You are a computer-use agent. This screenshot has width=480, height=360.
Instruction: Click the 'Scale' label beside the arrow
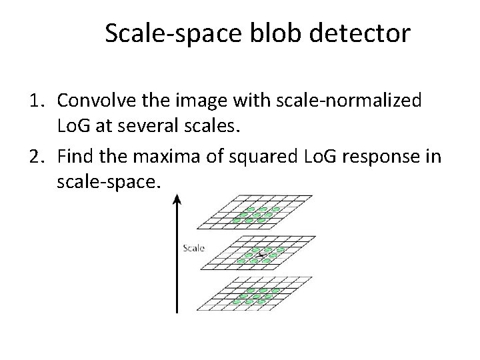(193, 249)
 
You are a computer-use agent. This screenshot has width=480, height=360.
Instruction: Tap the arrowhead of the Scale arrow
(177, 199)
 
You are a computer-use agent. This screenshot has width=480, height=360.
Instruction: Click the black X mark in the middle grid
(261, 254)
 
